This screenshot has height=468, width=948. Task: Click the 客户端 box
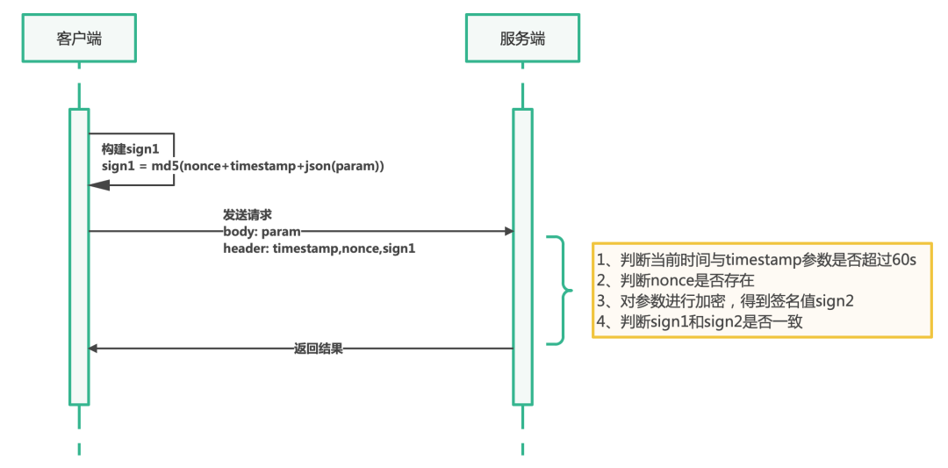click(79, 38)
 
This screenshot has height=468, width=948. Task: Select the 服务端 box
click(522, 38)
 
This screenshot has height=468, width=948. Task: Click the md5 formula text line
click(242, 166)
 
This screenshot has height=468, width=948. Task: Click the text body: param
click(262, 232)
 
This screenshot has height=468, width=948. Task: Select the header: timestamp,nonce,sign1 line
click(319, 248)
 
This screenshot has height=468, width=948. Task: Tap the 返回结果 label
click(318, 349)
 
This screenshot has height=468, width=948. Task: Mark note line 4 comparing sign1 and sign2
click(700, 321)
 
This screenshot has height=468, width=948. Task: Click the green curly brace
click(558, 290)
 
